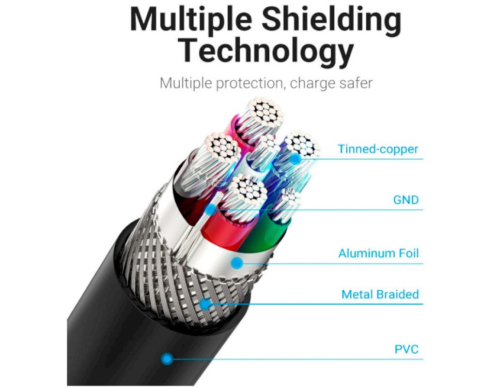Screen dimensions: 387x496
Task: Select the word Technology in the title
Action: click(265, 50)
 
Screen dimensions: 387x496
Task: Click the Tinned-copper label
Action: click(378, 149)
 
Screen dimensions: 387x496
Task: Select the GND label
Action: click(406, 200)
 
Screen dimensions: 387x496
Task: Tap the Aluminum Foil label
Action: click(378, 253)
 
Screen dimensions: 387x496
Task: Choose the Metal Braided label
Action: click(380, 294)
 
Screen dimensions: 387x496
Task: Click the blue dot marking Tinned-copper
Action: click(295, 158)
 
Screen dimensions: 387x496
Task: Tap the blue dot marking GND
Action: click(210, 209)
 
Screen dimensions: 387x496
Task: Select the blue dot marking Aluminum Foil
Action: click(236, 263)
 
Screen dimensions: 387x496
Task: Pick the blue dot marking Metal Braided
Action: click(205, 304)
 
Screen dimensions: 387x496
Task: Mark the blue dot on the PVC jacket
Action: click(167, 359)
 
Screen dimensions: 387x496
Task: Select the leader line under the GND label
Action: click(339, 209)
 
